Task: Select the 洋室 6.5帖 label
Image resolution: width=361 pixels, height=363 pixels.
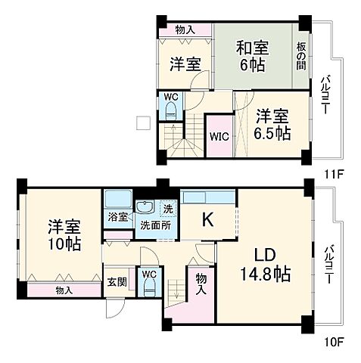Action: (272, 124)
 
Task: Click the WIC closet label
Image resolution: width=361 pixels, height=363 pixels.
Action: (219, 137)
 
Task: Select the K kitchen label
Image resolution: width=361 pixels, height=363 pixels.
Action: (207, 219)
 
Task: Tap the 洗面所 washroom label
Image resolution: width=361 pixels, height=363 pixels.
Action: (155, 224)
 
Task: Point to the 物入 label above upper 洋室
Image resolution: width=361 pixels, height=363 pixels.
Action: (184, 29)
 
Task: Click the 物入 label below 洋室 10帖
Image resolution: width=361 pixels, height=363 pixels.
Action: (64, 290)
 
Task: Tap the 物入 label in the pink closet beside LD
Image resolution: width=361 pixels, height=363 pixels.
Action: (201, 283)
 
